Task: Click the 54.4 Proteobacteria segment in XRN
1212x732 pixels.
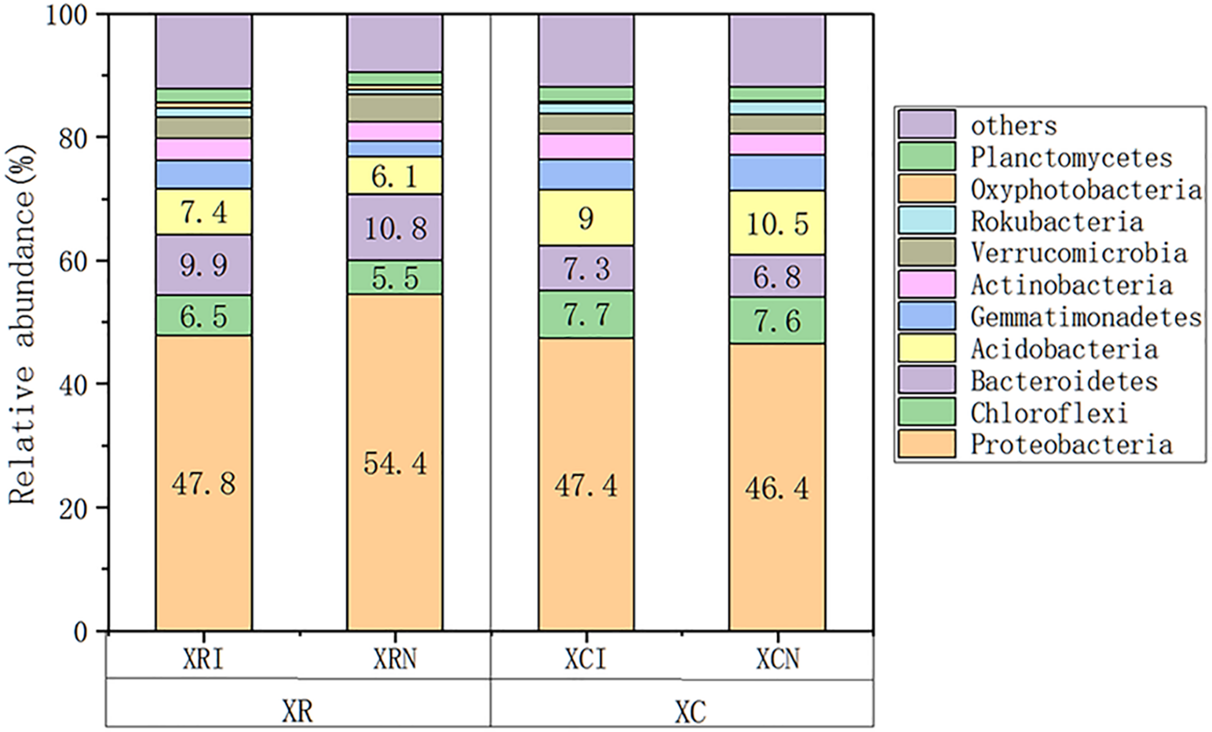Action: coord(395,463)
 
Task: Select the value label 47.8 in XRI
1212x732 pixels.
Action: coord(204,484)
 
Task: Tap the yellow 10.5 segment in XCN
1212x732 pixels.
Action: coord(777,224)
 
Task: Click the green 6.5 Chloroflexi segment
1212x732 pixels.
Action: coord(204,316)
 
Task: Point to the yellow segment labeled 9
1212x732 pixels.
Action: coord(586,218)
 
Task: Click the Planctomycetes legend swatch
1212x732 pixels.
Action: coord(927,157)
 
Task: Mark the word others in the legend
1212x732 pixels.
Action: coord(1013,126)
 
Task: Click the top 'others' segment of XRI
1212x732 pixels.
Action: coord(204,51)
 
